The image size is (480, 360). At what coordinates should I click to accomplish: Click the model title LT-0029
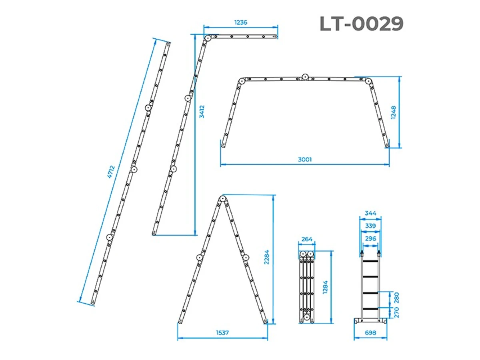click(x=361, y=24)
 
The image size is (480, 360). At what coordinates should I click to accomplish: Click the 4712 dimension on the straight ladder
click(x=111, y=172)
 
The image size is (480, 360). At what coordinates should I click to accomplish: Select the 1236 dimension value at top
click(x=240, y=22)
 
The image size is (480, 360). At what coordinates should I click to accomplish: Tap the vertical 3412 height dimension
click(x=202, y=112)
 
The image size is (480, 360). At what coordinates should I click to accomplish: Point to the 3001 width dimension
click(x=305, y=159)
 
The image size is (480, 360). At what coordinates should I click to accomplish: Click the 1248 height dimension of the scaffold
click(x=393, y=112)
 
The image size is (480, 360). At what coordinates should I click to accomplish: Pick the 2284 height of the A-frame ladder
click(x=266, y=257)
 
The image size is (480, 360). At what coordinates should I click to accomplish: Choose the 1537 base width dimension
click(x=222, y=333)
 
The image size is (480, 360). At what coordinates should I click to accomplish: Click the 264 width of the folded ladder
click(x=307, y=239)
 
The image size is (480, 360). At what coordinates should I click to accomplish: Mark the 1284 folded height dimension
click(x=325, y=287)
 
